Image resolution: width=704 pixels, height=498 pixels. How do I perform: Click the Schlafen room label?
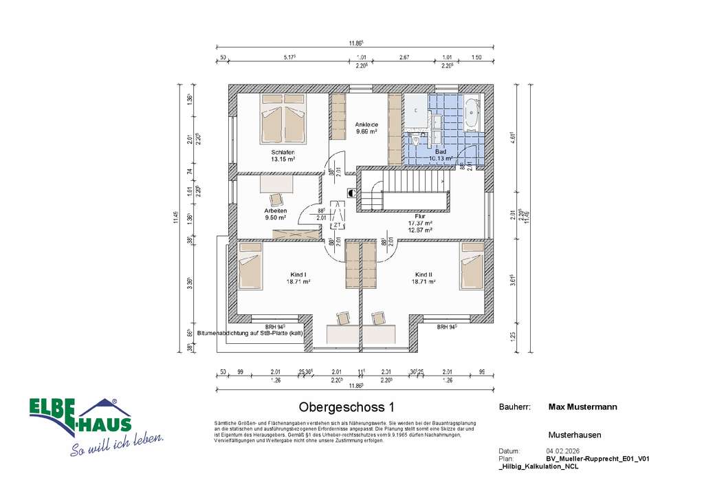click(283, 152)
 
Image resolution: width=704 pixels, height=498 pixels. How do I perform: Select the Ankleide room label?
click(366, 124)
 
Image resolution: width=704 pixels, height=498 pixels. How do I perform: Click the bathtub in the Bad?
click(472, 116)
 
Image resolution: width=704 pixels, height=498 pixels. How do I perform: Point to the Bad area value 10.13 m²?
click(441, 158)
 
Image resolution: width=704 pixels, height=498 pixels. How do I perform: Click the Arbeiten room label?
click(275, 210)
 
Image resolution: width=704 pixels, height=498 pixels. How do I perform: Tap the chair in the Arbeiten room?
click(276, 199)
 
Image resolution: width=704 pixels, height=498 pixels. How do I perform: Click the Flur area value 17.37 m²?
click(420, 224)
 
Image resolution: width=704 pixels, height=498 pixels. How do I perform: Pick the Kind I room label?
click(300, 274)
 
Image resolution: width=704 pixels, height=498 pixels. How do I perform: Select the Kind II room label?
click(423, 274)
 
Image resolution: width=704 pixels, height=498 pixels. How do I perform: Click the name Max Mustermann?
click(582, 407)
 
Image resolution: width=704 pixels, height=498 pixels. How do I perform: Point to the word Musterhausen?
click(575, 435)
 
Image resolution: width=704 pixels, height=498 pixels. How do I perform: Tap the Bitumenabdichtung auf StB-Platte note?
click(250, 333)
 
